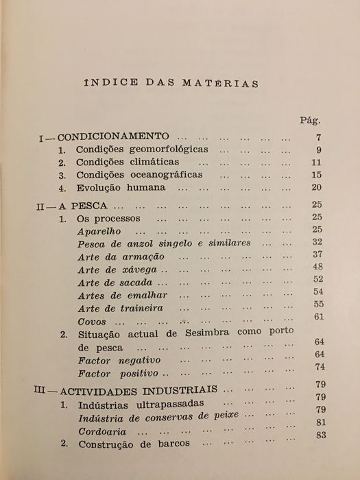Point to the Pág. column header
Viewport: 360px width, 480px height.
coord(309,119)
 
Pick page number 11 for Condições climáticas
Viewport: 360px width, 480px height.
coord(316,163)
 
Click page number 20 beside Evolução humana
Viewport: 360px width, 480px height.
coord(316,187)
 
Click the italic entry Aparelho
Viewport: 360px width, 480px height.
coord(94,230)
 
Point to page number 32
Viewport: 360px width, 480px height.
coord(316,243)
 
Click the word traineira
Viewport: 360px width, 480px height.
coord(140,308)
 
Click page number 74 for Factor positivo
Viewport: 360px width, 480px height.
coord(317,367)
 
